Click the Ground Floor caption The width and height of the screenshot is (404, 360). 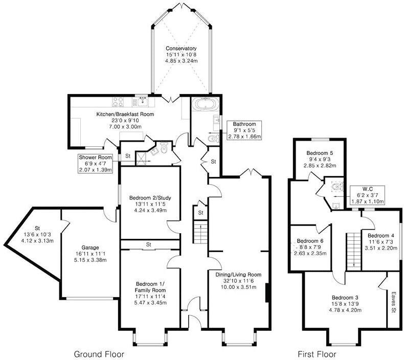99,353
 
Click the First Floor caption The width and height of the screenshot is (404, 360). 317,353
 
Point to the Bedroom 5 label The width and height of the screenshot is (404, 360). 320,152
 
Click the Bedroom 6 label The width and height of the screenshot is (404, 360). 310,241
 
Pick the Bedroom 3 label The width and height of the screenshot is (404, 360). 345,298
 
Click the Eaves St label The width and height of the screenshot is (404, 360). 393,302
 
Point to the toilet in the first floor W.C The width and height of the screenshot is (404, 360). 336,188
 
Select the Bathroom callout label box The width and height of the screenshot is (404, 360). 247,130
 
